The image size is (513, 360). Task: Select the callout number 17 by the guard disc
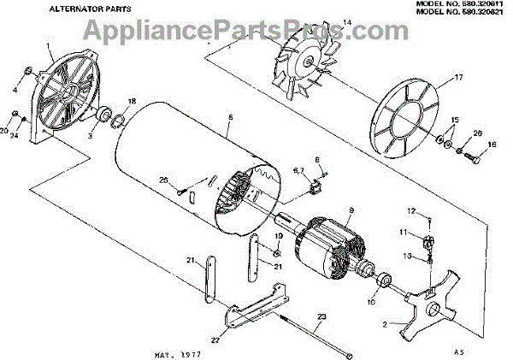pyautogui.click(x=458, y=78)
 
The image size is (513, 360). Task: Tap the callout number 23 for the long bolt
pyautogui.click(x=321, y=316)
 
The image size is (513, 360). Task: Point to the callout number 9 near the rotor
pyautogui.click(x=350, y=210)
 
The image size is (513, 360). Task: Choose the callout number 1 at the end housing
pyautogui.click(x=49, y=44)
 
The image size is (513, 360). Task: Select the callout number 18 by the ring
pyautogui.click(x=132, y=101)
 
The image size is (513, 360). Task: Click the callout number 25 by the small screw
pyautogui.click(x=162, y=180)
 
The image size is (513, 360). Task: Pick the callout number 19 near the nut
pyautogui.click(x=278, y=235)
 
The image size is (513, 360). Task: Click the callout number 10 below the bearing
pyautogui.click(x=371, y=301)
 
